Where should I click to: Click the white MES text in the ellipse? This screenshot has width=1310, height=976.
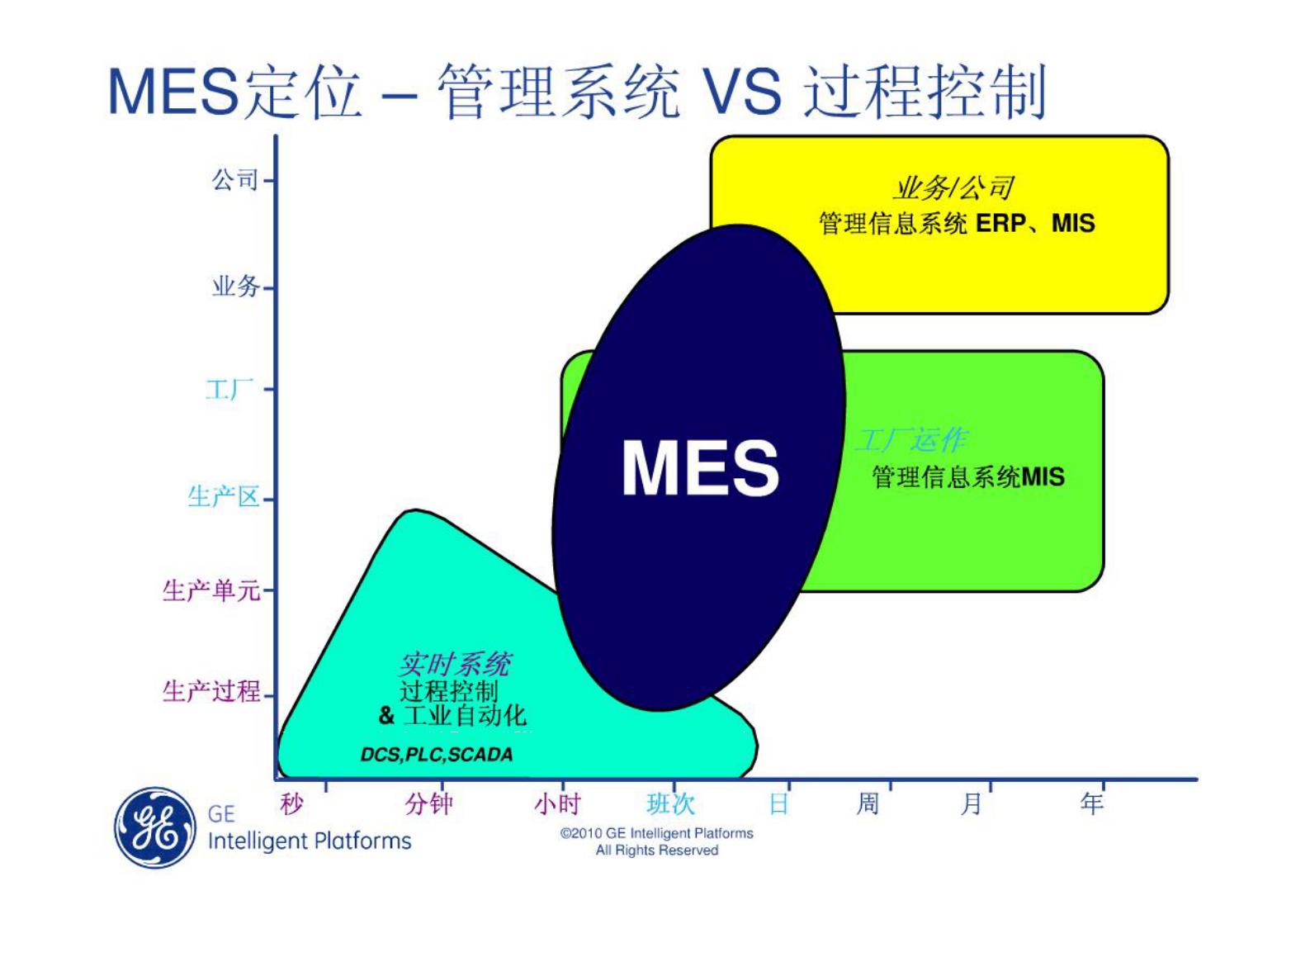pos(700,468)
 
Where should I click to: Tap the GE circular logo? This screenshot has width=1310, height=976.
pos(154,827)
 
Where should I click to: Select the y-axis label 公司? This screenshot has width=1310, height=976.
pos(235,180)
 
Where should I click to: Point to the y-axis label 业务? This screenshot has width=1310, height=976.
pos(236,287)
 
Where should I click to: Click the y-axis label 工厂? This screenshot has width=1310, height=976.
pos(229,389)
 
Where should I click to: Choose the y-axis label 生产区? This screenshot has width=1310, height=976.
pos(224,496)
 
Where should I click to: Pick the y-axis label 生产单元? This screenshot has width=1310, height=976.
pos(211,590)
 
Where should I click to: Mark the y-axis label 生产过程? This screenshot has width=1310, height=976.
pos(211,691)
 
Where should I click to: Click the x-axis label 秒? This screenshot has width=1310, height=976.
pos(291,803)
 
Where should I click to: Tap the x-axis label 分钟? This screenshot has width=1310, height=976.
pos(428,803)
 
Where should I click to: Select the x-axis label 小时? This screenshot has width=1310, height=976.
pos(558,803)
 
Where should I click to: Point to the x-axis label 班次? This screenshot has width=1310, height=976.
pos(670,803)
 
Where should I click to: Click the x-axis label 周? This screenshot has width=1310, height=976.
pos(868,803)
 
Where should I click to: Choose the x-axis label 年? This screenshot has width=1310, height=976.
pos(1092,803)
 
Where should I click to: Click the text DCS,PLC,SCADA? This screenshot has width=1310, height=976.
pos(437,755)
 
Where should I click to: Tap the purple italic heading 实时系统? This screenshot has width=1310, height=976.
pos(455,664)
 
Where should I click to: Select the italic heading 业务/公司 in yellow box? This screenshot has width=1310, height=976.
pos(953,188)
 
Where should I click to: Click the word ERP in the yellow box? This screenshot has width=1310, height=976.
pos(1000,224)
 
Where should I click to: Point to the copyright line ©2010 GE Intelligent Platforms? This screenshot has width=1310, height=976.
pos(657,833)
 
